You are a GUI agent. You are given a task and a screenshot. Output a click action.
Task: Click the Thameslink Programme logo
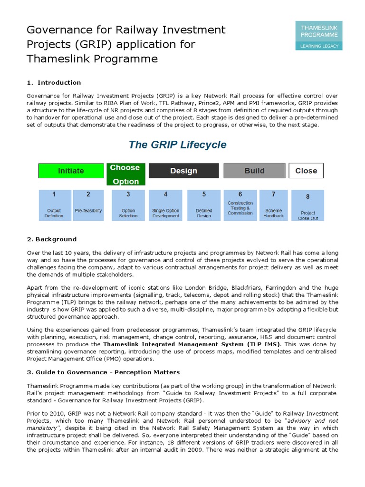click(x=318, y=35)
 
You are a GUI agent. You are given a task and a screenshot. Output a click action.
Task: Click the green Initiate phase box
click(x=71, y=171)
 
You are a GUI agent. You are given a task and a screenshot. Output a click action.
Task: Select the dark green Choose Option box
click(x=126, y=174)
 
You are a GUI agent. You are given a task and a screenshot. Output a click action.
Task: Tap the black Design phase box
click(x=183, y=171)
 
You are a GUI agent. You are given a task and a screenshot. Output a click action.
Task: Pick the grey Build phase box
click(x=254, y=171)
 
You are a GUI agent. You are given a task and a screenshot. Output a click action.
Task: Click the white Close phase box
click(x=306, y=171)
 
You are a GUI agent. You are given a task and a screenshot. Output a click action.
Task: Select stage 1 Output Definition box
click(x=54, y=205)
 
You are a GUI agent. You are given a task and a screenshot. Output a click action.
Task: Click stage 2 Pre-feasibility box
click(x=88, y=205)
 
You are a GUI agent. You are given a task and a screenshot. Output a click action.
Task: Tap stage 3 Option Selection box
click(x=128, y=205)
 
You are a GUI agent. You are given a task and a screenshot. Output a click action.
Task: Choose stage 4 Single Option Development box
click(x=165, y=205)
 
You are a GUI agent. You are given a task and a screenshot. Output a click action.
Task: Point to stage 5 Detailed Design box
click(x=204, y=205)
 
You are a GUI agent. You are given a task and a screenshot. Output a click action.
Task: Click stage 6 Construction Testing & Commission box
click(x=240, y=205)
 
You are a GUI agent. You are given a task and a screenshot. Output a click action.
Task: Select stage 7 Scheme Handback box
click(x=273, y=205)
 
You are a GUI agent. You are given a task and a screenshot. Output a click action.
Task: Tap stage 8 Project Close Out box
click(x=307, y=205)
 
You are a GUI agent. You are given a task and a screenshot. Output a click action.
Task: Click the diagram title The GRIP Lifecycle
click(x=178, y=145)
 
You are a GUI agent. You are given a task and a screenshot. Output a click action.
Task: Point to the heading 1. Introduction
click(x=54, y=82)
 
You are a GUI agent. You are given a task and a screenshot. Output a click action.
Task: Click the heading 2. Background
click(x=51, y=239)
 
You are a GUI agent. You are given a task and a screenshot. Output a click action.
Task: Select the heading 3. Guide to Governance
click(x=103, y=372)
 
